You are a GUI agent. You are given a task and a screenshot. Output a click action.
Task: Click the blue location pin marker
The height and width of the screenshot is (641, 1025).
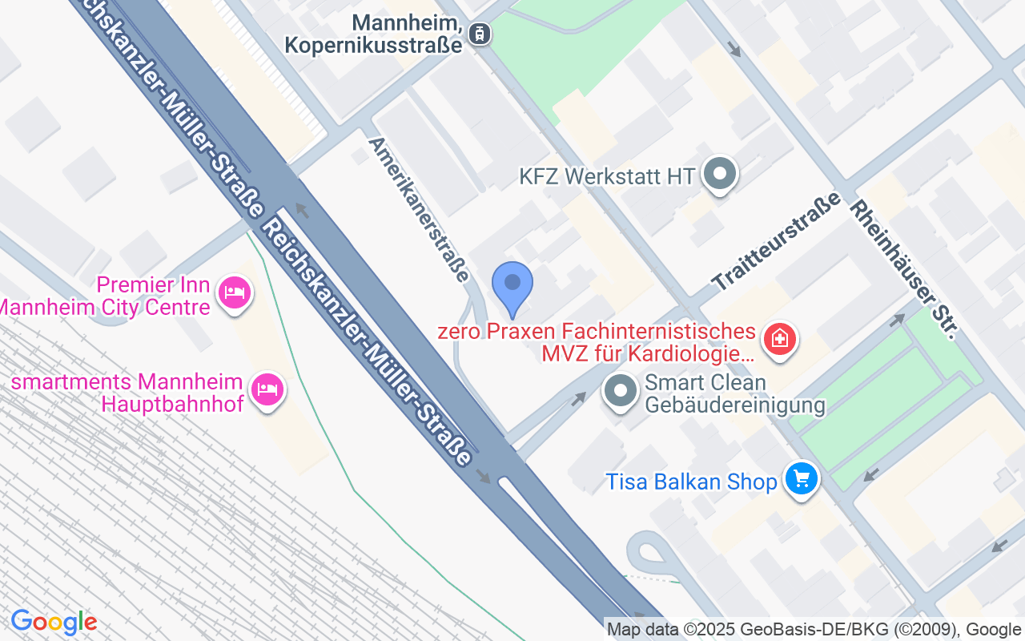(x=512, y=284)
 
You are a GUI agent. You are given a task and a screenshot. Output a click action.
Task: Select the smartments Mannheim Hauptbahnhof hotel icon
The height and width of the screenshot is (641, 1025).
(x=267, y=389)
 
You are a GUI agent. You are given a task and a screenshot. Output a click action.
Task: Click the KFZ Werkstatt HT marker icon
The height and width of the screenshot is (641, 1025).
(x=718, y=173)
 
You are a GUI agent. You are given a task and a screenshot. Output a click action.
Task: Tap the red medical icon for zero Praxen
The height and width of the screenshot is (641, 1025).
(x=778, y=339)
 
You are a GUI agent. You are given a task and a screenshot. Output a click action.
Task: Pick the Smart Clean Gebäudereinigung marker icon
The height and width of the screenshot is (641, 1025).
(x=620, y=392)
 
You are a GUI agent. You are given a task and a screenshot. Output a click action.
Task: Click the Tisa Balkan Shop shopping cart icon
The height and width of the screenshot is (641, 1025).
(x=800, y=478)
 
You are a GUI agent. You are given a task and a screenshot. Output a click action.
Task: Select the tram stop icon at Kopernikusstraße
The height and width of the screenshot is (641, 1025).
(x=480, y=34)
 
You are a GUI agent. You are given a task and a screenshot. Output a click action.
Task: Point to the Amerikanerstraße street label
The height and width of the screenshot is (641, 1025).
(x=418, y=209)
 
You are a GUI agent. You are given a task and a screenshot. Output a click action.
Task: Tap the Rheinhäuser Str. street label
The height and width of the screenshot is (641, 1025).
(x=902, y=269)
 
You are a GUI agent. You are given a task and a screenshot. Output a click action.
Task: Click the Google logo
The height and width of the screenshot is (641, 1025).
(x=54, y=622)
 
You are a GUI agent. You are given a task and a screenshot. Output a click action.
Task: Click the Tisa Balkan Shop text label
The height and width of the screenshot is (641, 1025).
(x=691, y=482)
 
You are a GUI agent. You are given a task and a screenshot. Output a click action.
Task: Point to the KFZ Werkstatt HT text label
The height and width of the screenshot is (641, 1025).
(x=607, y=176)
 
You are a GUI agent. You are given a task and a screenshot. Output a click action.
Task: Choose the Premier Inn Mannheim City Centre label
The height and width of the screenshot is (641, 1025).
(x=108, y=296)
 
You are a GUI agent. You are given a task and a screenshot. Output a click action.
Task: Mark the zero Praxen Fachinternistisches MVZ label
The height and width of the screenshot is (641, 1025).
(x=597, y=342)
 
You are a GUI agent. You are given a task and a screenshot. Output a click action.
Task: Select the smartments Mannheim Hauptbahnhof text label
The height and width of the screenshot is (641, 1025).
(x=128, y=392)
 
